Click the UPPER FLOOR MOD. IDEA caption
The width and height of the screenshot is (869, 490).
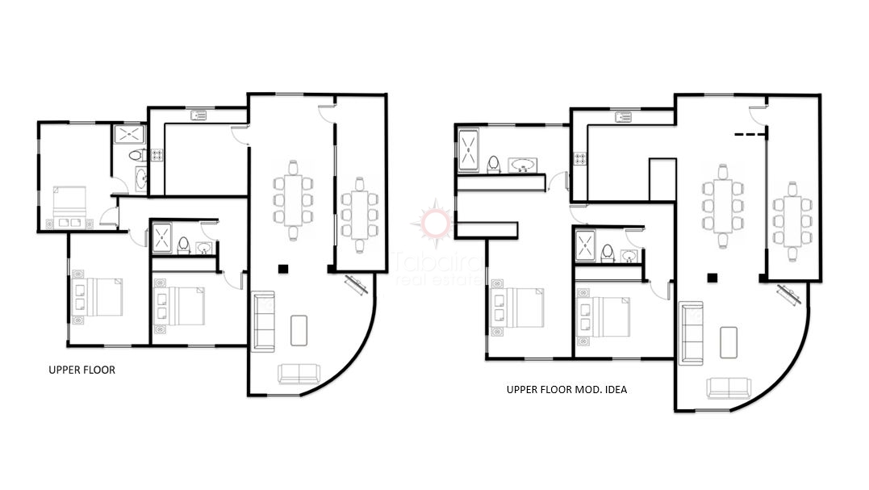point(566,390)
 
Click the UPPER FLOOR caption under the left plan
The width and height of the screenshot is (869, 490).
point(82,371)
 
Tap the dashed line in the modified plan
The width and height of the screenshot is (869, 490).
point(750,134)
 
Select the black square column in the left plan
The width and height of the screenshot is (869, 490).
point(282,269)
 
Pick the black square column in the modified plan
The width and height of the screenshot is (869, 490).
point(712,278)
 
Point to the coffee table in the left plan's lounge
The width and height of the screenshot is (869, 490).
point(298,329)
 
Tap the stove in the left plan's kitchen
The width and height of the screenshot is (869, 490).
point(157,154)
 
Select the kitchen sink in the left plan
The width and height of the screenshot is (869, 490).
point(198,116)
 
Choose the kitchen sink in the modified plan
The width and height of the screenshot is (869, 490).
point(623,117)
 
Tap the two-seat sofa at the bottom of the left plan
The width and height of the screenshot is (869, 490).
point(299,375)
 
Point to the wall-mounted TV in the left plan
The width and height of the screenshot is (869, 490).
point(356,286)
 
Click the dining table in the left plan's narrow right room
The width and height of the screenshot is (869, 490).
point(357,213)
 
